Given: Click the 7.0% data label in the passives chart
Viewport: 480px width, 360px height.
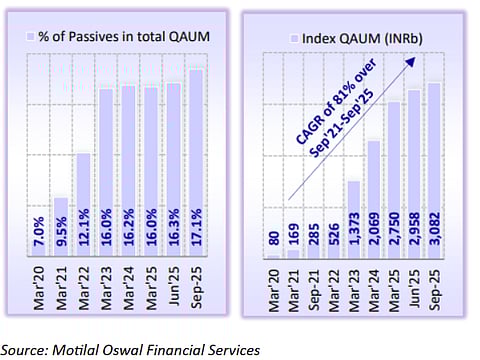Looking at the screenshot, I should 39,239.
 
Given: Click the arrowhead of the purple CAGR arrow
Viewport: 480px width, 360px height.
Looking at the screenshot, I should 410,62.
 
